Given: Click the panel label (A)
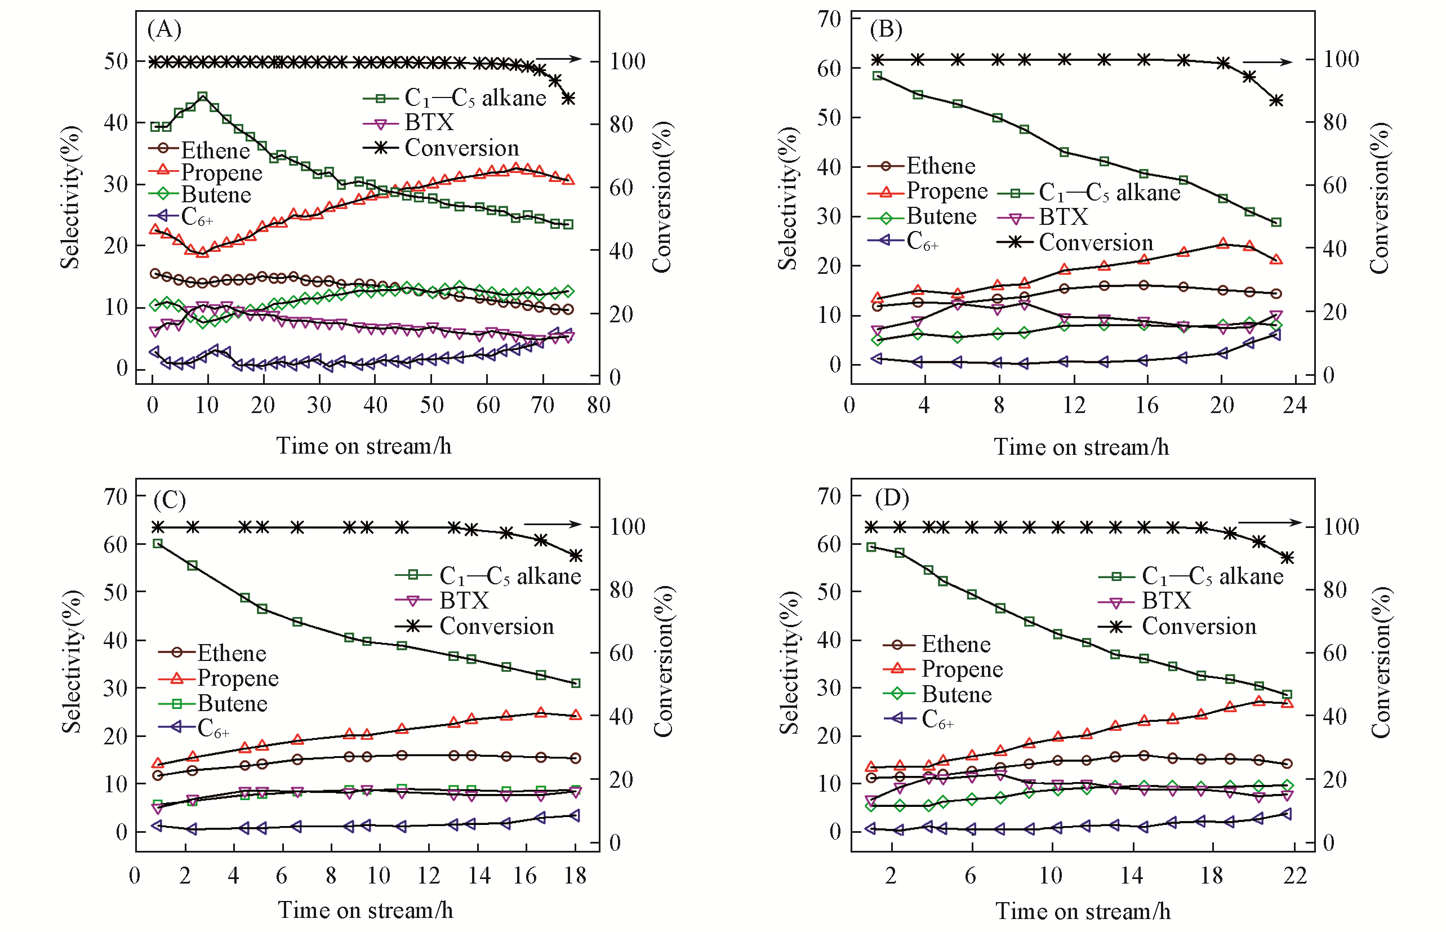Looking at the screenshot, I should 164,29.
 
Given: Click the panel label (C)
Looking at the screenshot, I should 170,500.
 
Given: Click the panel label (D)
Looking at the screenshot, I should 892,498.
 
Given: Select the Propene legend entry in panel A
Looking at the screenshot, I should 221,172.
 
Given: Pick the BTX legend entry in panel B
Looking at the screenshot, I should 1063,217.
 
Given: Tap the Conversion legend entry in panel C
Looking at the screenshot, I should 496,626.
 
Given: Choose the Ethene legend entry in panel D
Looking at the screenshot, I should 956,644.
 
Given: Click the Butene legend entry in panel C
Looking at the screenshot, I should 232,703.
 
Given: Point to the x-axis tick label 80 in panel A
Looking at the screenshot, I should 598,405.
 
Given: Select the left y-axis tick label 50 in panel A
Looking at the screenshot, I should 115,61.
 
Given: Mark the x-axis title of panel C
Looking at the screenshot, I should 366,909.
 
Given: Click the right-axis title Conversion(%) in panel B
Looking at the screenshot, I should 1379,198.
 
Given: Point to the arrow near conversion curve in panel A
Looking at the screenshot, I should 558,59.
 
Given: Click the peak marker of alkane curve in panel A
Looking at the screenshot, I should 203,96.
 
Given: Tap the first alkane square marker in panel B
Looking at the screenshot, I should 877,76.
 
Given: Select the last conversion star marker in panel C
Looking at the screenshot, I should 575,556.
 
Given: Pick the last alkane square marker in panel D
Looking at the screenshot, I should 1288,695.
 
